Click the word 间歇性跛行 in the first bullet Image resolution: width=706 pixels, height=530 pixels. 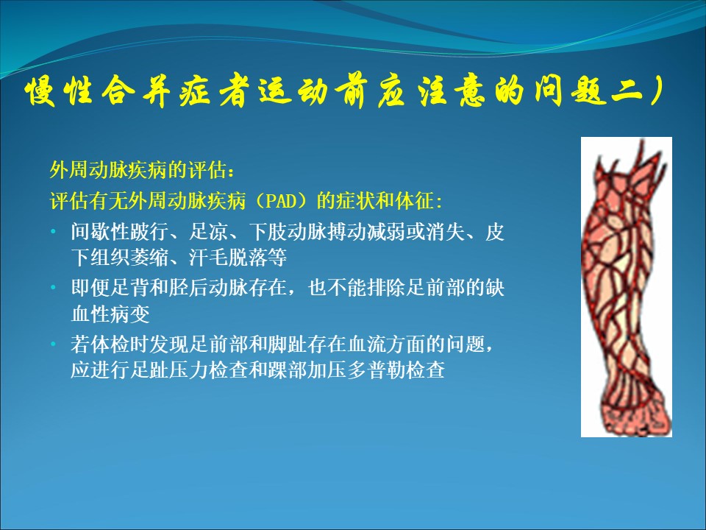click(x=120, y=232)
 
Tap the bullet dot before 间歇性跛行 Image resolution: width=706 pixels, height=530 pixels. click(x=54, y=232)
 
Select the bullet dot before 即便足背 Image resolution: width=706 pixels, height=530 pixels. click(x=54, y=288)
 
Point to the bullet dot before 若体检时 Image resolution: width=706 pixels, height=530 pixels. click(x=54, y=344)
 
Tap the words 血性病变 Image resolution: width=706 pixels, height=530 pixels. click(x=110, y=314)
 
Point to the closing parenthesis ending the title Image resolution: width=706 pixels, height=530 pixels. click(x=655, y=91)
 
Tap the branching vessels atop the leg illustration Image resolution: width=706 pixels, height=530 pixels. click(x=630, y=162)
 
